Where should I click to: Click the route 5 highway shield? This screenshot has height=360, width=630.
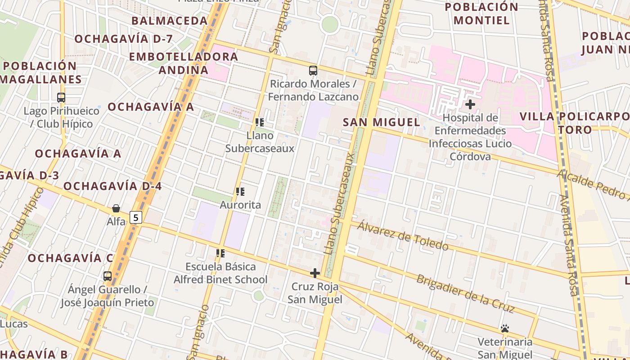pos(136,217)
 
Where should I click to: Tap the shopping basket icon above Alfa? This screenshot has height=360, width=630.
pos(116,208)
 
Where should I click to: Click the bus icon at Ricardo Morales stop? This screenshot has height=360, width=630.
pos(313,71)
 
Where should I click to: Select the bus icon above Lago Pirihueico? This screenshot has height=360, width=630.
pos(61,97)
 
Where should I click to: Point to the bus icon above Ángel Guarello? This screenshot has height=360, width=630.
pos(108,276)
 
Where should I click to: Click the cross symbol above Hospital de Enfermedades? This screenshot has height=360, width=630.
pos(470,105)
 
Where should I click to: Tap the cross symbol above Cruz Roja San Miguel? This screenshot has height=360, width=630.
pos(315,273)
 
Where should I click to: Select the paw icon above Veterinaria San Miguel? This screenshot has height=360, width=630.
pos(505,329)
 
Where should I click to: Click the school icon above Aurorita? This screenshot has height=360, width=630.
pos(240,192)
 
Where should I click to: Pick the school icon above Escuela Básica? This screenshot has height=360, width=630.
pos(220,253)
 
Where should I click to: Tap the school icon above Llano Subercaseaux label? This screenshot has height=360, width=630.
pos(260,122)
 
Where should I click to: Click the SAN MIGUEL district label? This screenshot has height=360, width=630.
pos(382,122)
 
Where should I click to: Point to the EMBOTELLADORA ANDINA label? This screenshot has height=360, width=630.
pos(184,63)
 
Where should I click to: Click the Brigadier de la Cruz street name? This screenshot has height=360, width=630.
pos(465,293)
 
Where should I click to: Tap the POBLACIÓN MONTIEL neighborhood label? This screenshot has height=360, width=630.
pos(481,13)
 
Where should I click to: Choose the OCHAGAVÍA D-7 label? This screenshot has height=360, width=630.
pos(123,39)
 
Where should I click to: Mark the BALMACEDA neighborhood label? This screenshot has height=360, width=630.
pos(170,21)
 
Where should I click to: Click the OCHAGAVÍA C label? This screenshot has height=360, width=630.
pos(71,258)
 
